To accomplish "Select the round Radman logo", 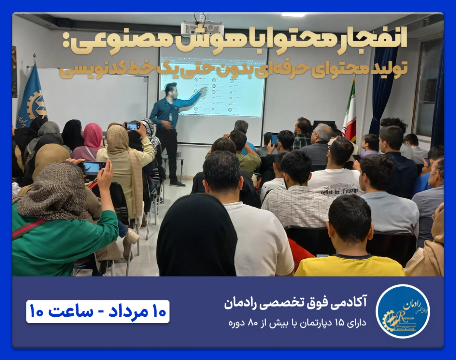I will (x=402, y=311).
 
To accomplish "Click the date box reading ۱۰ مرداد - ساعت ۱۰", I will (x=98, y=311).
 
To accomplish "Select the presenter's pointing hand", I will (x=203, y=92).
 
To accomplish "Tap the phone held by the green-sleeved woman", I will (x=93, y=167).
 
